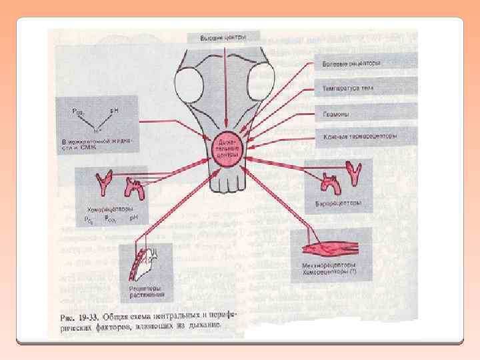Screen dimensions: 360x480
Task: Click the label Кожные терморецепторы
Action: coord(361,137)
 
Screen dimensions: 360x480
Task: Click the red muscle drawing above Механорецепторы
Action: coord(329,249)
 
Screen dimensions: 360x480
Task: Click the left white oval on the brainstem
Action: coord(187,85)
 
